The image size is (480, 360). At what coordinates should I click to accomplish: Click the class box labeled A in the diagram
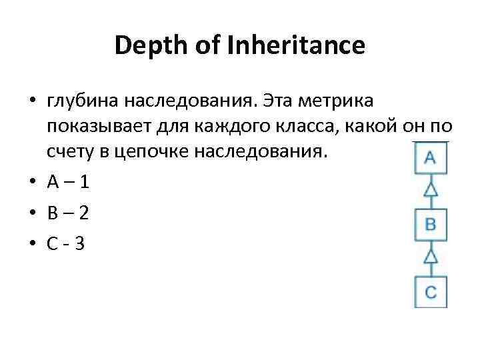click(430, 157)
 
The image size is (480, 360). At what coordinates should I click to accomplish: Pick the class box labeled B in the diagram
click(430, 224)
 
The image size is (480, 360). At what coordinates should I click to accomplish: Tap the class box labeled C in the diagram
click(430, 291)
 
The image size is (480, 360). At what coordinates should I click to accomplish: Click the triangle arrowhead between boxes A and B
click(430, 190)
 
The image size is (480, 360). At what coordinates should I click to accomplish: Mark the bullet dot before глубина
click(32, 102)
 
